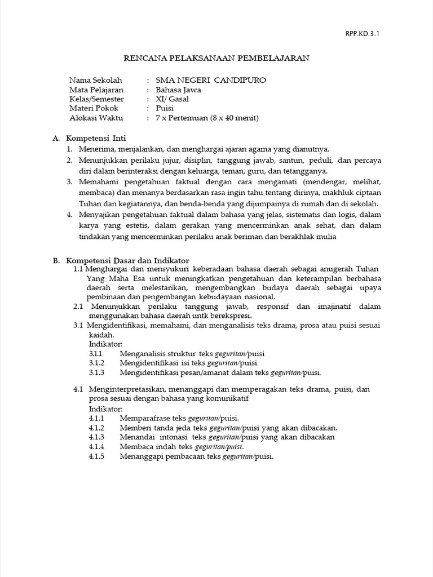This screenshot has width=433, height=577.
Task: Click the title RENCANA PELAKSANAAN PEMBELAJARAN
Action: pyautogui.click(x=216, y=58)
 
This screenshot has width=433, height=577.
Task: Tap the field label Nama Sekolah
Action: pyautogui.click(x=95, y=80)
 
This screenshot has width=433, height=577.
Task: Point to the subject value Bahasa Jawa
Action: pyautogui.click(x=178, y=90)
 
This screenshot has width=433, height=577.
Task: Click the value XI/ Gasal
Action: pyautogui.click(x=173, y=99)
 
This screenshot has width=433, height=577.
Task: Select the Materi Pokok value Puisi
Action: pyautogui.click(x=165, y=109)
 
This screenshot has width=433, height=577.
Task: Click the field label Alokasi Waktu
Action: pyautogui.click(x=96, y=118)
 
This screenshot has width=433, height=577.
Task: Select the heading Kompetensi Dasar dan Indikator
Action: pyautogui.click(x=127, y=260)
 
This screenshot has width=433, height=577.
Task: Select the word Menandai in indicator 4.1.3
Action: pyautogui.click(x=135, y=437)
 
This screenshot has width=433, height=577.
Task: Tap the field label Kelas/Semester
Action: pyautogui.click(x=97, y=99)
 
